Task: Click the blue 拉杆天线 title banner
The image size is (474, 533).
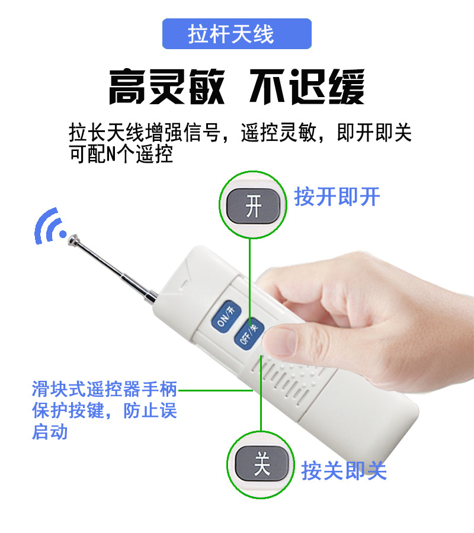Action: coord(236,34)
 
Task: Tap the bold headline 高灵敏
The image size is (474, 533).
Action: coord(166,86)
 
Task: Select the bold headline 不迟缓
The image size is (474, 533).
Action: coord(307,86)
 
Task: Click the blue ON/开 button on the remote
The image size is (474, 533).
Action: coord(226,316)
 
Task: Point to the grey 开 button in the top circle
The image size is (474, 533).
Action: coord(254,206)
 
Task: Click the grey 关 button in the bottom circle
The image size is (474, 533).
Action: coord(262,464)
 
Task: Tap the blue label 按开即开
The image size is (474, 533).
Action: coord(337,197)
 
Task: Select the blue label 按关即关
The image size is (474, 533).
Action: coord(344,471)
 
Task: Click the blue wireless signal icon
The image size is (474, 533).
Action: coord(49,226)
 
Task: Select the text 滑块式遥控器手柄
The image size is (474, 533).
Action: coord(104,389)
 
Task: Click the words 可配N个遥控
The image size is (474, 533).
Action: coord(121,155)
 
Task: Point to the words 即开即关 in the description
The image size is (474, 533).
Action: coord(374,133)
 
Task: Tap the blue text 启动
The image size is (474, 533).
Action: coord(50,432)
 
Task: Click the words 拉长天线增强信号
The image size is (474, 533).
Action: coord(145,133)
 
